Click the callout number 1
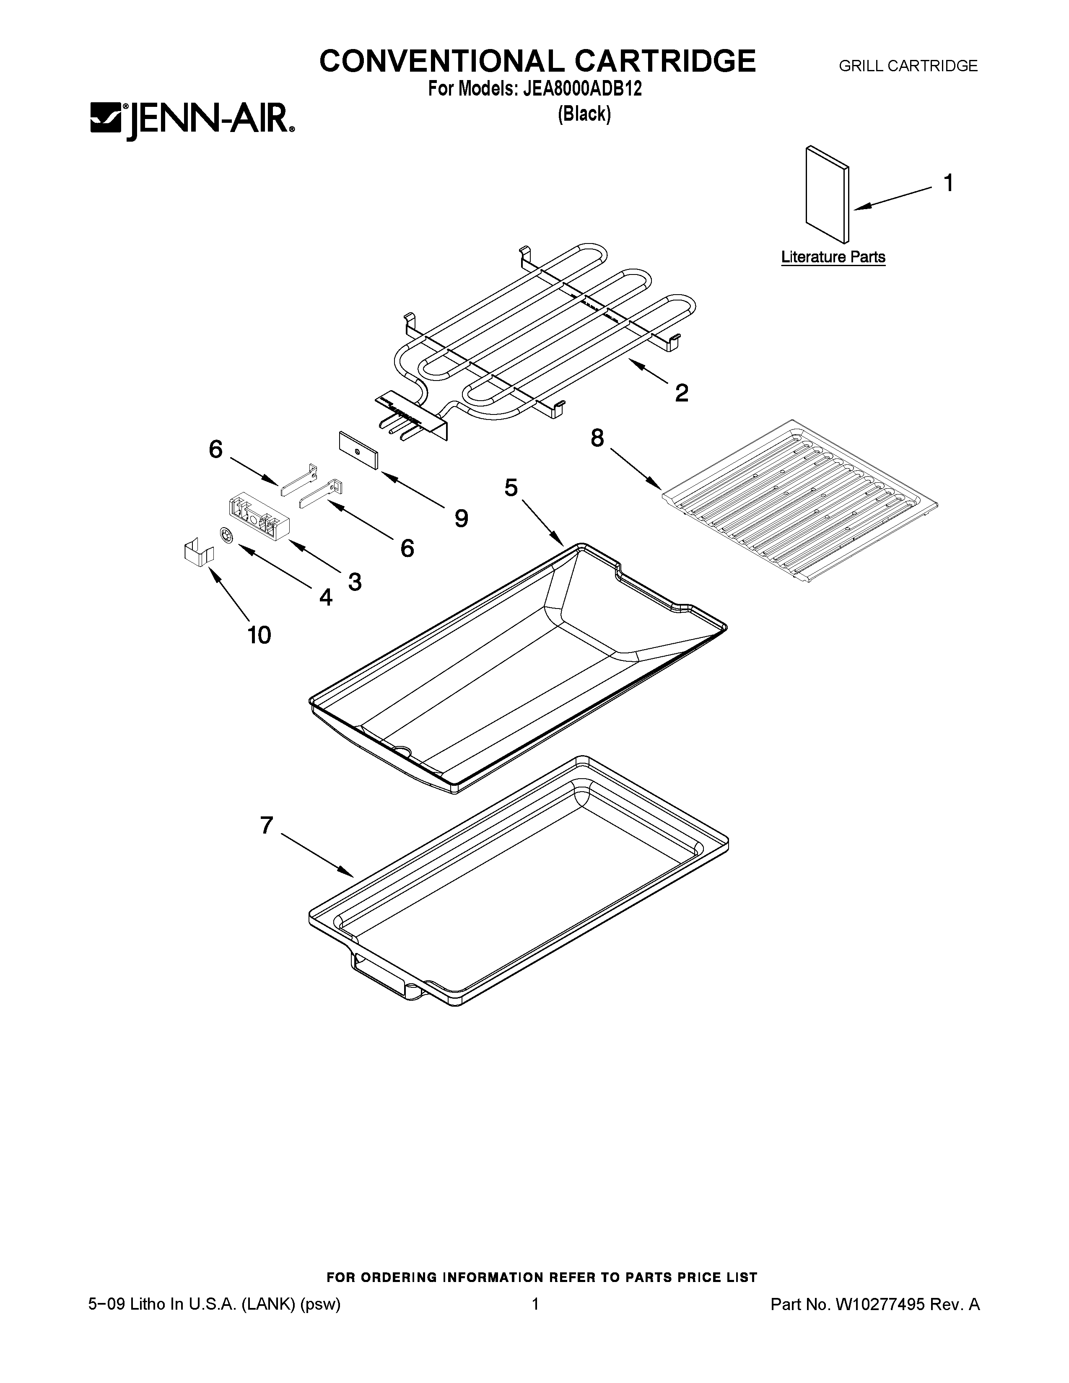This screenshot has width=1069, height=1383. pos(948,183)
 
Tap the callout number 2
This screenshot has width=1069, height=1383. pos(681,393)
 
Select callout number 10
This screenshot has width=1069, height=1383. pos(259,635)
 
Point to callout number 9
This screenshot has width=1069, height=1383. pos(461,519)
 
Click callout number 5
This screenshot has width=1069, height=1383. pos(511,487)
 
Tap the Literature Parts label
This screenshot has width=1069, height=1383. pos(833,257)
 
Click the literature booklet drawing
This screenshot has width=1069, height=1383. pos(826,195)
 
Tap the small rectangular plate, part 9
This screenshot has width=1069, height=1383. pos(358,450)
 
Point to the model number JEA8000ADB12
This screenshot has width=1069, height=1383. pos(583,89)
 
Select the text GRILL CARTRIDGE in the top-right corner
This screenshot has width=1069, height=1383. pos(908,66)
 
